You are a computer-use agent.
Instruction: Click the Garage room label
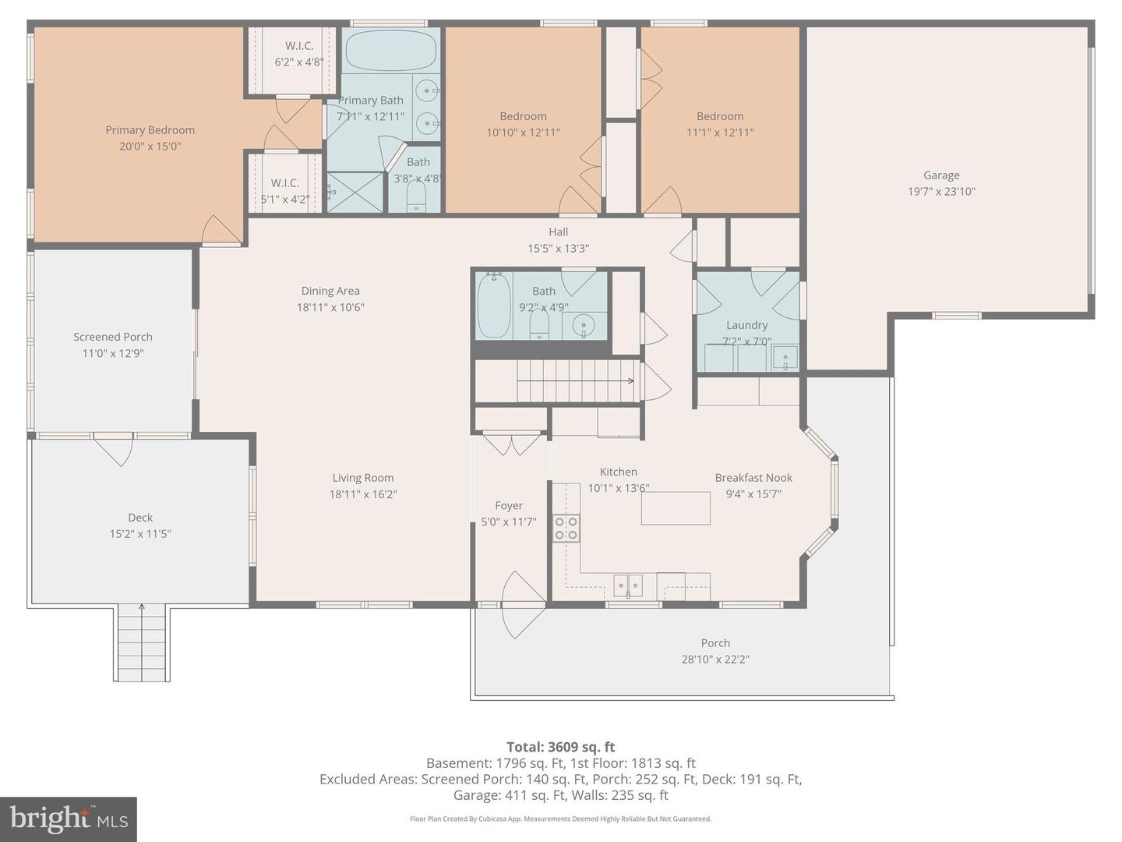tap(941, 175)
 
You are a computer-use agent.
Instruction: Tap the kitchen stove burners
tap(566, 529)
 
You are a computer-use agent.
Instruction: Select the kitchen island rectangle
tap(676, 508)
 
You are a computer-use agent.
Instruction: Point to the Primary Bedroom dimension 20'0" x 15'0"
tap(150, 147)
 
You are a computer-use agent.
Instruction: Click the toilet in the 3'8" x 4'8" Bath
tap(416, 197)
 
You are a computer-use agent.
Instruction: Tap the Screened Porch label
tap(113, 337)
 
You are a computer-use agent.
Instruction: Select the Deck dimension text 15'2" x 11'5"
tap(140, 534)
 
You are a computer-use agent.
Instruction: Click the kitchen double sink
tap(628, 585)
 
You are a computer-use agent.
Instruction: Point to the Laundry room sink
tap(785, 358)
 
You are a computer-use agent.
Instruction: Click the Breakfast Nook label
tap(753, 478)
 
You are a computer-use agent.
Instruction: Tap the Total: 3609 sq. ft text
tap(561, 747)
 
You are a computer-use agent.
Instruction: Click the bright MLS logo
tap(68, 819)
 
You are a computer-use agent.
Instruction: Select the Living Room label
tap(363, 478)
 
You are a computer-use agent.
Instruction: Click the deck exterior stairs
tap(142, 642)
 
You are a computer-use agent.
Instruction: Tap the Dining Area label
tap(330, 291)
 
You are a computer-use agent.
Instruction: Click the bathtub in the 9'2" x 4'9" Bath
tap(494, 305)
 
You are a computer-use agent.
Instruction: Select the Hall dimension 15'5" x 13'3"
tap(558, 249)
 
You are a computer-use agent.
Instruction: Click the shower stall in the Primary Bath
tap(355, 193)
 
